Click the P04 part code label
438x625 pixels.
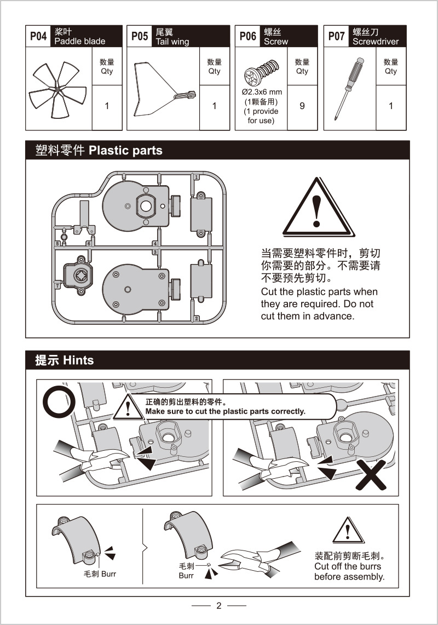pyautogui.click(x=38, y=36)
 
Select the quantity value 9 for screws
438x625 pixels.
pyautogui.click(x=302, y=106)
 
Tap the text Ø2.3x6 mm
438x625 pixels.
pyautogui.click(x=261, y=92)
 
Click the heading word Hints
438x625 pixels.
pyautogui.click(x=78, y=360)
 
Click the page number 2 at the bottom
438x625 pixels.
pyautogui.click(x=219, y=605)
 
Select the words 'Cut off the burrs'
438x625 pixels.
pyautogui.click(x=348, y=566)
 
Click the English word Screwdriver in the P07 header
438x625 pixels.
pyautogui.click(x=376, y=42)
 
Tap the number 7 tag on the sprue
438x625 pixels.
pyautogui.click(x=57, y=285)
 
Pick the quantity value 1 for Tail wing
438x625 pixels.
pyautogui.click(x=215, y=106)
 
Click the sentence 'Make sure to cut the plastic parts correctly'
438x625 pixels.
pyautogui.click(x=225, y=411)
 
